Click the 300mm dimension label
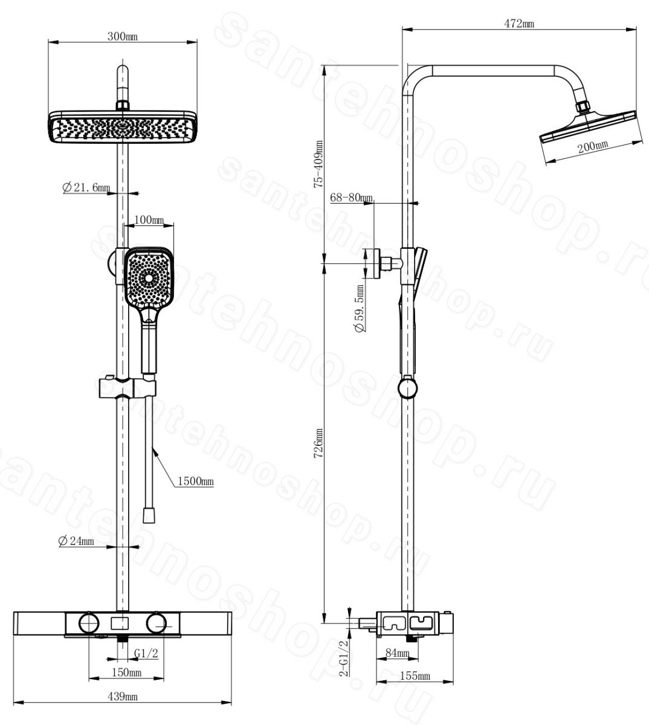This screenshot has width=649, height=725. (x=123, y=36)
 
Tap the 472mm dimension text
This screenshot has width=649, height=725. (x=519, y=23)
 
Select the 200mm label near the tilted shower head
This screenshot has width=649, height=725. (x=593, y=146)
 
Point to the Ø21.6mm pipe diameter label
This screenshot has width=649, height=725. (x=86, y=187)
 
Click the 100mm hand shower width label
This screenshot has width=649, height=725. (x=149, y=219)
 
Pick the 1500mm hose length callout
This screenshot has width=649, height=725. (x=195, y=481)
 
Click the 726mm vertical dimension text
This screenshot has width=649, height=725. (x=318, y=443)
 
